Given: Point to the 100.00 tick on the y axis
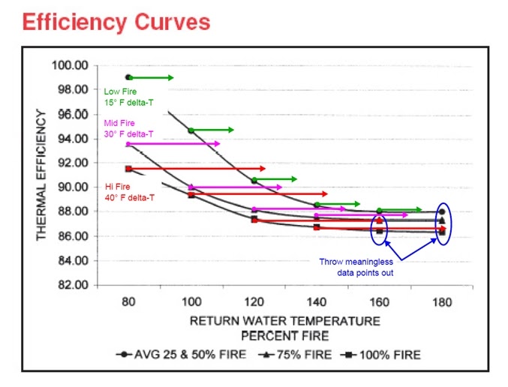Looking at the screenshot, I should (70, 65).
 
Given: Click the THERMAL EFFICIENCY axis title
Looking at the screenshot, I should (42, 175).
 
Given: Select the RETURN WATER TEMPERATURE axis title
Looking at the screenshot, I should (284, 320).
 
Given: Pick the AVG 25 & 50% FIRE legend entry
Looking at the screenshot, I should (184, 354).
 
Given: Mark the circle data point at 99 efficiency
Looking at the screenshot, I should (128, 77).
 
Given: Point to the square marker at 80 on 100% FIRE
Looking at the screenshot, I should (128, 169).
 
